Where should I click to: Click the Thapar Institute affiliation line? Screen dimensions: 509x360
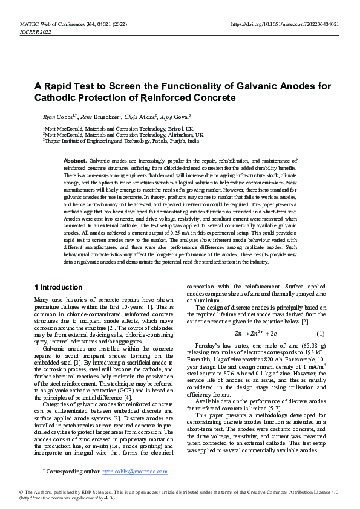pos(121,140)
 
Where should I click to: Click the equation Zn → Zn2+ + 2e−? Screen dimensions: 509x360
pos(257,334)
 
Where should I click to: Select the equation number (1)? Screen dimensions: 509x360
pos(320,334)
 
